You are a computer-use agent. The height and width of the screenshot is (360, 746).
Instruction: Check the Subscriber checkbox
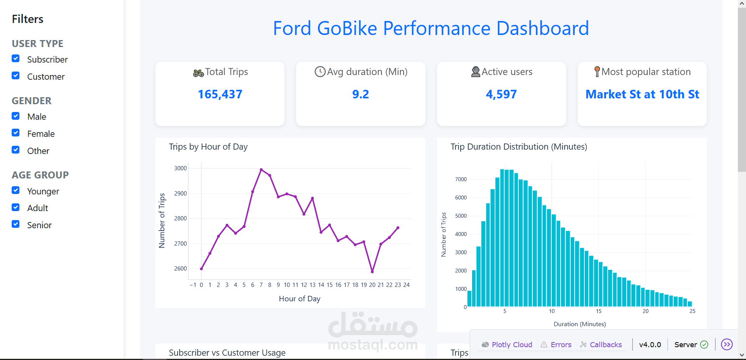[16, 59]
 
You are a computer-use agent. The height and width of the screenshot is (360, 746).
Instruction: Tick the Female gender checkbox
[16, 133]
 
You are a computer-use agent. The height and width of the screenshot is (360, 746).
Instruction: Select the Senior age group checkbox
[16, 224]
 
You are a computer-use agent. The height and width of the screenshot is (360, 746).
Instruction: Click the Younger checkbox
[16, 190]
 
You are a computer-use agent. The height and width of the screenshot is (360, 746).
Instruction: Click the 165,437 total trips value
[220, 94]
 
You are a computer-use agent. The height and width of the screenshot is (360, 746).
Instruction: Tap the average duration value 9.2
[360, 94]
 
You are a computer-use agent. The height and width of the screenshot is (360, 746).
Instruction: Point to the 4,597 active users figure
[501, 94]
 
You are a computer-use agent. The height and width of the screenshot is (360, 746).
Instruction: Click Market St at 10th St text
[642, 94]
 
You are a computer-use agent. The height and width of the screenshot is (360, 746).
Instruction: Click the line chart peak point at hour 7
[261, 170]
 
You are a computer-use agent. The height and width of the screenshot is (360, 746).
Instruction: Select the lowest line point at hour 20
[372, 272]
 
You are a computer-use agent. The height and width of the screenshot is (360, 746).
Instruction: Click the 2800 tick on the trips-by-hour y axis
[180, 218]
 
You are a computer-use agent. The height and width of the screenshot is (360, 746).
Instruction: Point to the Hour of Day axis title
[300, 299]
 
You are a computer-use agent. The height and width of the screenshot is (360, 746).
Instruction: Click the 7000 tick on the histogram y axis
[461, 179]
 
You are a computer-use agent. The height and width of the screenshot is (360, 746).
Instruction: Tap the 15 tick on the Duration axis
[599, 311]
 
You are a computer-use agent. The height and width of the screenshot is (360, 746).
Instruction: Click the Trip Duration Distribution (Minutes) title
[519, 147]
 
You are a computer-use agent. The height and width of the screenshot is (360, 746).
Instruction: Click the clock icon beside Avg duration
[320, 72]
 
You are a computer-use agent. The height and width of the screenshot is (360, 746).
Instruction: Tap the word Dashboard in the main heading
[542, 28]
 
